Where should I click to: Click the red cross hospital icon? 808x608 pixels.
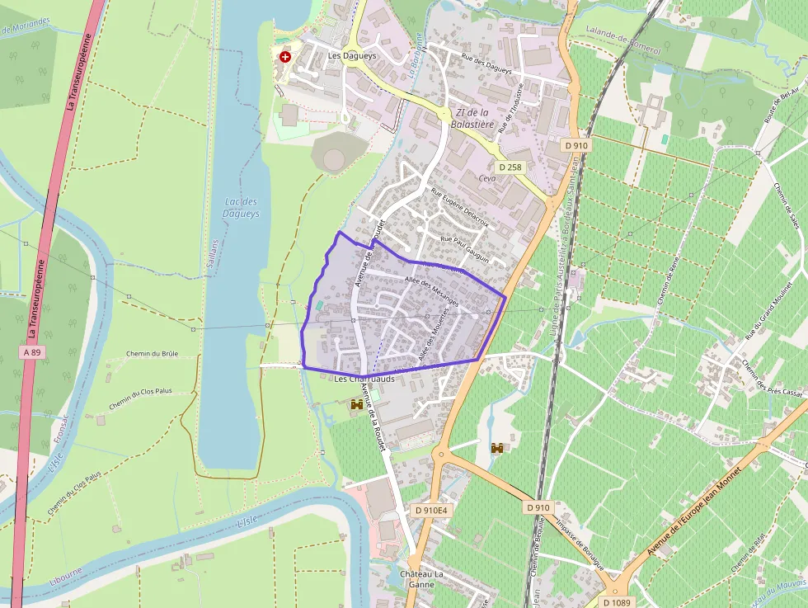[285, 57]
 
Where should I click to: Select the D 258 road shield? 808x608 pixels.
[510, 167]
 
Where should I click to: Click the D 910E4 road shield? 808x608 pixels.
[431, 510]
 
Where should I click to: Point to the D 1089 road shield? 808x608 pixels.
[615, 601]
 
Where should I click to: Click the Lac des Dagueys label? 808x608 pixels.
[241, 207]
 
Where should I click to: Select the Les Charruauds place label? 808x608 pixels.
[365, 379]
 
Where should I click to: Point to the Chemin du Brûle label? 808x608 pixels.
[152, 353]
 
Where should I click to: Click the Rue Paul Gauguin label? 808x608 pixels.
[465, 249]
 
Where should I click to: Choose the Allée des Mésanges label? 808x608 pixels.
[431, 291]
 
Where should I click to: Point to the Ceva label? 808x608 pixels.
[487, 178]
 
